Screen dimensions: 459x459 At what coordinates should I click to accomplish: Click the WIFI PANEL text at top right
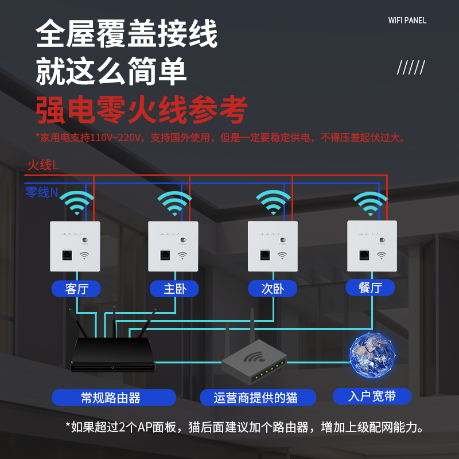[407, 21]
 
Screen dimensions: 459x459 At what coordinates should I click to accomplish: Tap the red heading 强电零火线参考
[142, 110]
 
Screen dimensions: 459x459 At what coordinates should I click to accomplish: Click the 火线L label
[43, 165]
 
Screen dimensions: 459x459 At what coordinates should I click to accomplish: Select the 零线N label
[41, 192]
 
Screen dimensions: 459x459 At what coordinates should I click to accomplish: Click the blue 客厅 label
[76, 288]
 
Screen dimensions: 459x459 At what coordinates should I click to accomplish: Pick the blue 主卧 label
[174, 289]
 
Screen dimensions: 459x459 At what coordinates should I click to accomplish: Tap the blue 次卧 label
[273, 289]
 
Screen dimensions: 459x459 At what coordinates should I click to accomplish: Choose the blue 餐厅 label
[370, 287]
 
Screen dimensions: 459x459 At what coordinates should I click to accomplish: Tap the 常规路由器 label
[114, 397]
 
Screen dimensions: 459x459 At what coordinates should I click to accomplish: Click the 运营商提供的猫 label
[258, 397]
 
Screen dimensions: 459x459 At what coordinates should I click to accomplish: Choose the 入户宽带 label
[372, 396]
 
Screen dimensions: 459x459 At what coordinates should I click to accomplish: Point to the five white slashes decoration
[411, 68]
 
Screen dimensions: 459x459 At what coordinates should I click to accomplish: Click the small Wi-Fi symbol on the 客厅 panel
[84, 256]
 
